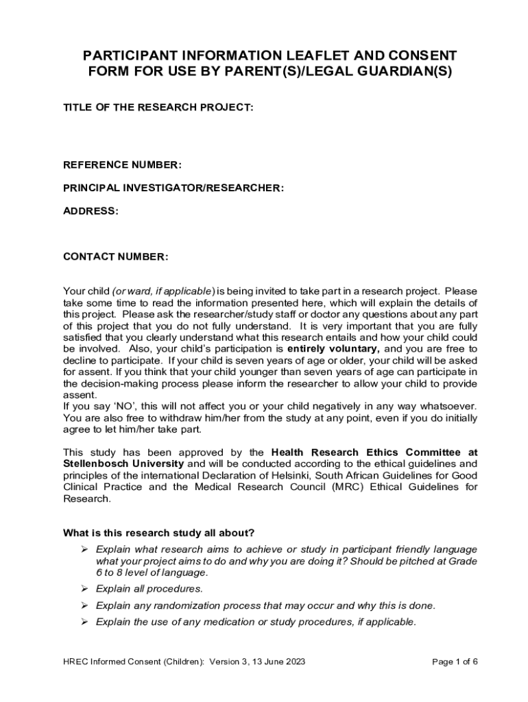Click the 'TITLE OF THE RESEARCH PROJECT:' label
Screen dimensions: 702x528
click(158, 108)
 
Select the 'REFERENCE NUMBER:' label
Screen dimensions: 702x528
click(122, 165)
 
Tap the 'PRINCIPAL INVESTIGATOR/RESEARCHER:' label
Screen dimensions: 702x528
click(173, 188)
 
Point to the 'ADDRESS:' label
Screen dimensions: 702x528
click(91, 211)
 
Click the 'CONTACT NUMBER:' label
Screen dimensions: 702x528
click(115, 257)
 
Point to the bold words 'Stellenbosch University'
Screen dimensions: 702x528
click(123, 463)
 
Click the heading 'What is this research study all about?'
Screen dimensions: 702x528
click(159, 533)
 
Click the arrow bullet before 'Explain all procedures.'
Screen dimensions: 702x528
click(84, 589)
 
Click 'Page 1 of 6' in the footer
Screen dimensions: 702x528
click(455, 662)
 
